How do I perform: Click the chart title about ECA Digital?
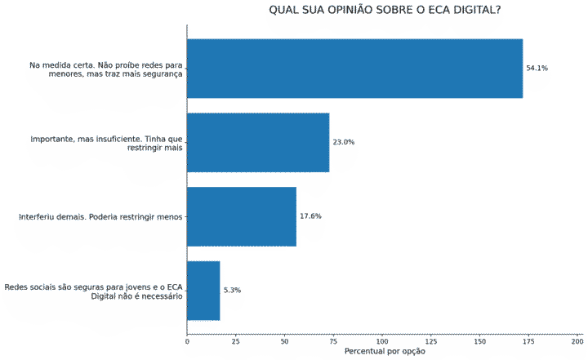click(385, 10)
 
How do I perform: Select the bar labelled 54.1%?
click(354, 69)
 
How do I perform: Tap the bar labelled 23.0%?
click(258, 142)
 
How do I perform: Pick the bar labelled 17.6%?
click(242, 216)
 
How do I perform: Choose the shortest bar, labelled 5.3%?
click(203, 291)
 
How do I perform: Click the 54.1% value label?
click(537, 69)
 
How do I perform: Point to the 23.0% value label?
click(343, 142)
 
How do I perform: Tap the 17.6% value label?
click(310, 216)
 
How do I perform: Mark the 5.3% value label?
click(232, 291)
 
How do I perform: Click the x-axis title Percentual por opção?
click(385, 352)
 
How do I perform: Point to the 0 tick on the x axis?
click(187, 340)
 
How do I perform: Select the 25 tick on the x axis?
click(235, 340)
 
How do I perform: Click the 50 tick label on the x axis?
click(284, 340)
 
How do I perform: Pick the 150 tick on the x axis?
click(479, 340)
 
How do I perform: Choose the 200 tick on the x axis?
click(577, 340)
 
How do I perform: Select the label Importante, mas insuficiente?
click(107, 143)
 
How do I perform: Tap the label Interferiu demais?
click(101, 217)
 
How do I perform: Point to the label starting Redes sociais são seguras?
click(94, 291)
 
